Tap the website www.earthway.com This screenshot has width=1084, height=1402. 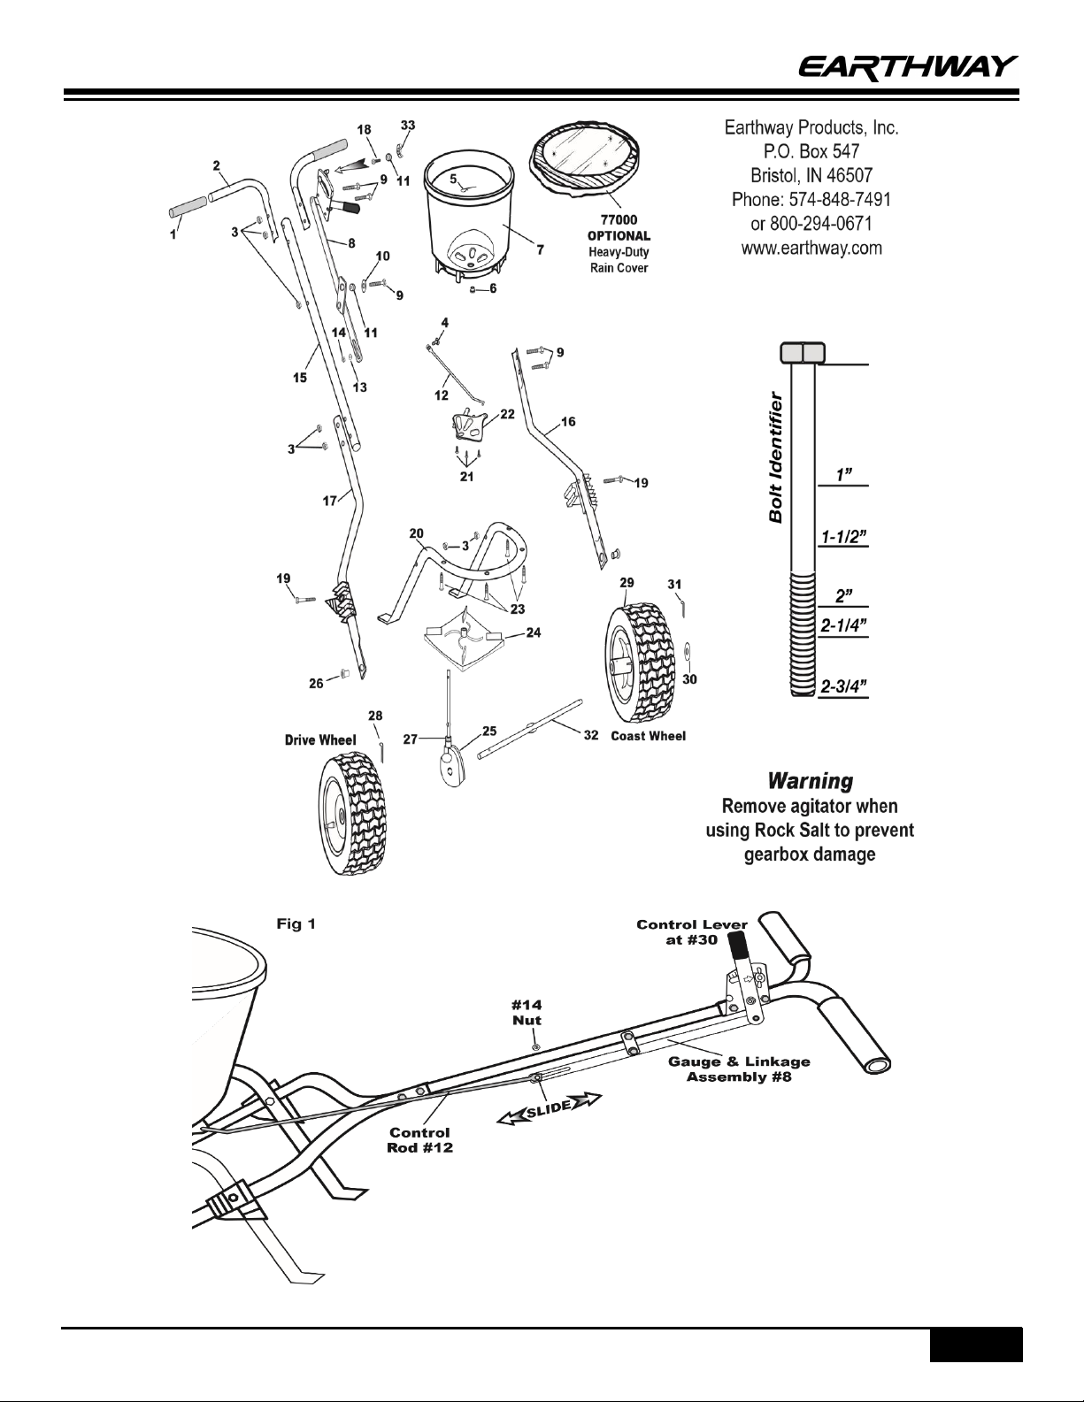click(811, 249)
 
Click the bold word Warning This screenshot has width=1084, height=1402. click(811, 782)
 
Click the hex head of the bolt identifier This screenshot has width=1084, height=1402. click(803, 353)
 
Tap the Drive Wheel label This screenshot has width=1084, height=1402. click(320, 739)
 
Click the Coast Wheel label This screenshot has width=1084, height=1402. click(649, 736)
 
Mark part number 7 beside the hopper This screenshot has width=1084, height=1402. click(540, 249)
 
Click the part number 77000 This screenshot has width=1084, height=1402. click(619, 219)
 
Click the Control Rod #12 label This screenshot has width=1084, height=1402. click(419, 1140)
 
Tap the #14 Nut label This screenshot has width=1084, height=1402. click(528, 1011)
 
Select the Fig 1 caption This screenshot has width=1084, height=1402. click(296, 924)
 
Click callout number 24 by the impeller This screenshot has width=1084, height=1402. click(533, 632)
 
